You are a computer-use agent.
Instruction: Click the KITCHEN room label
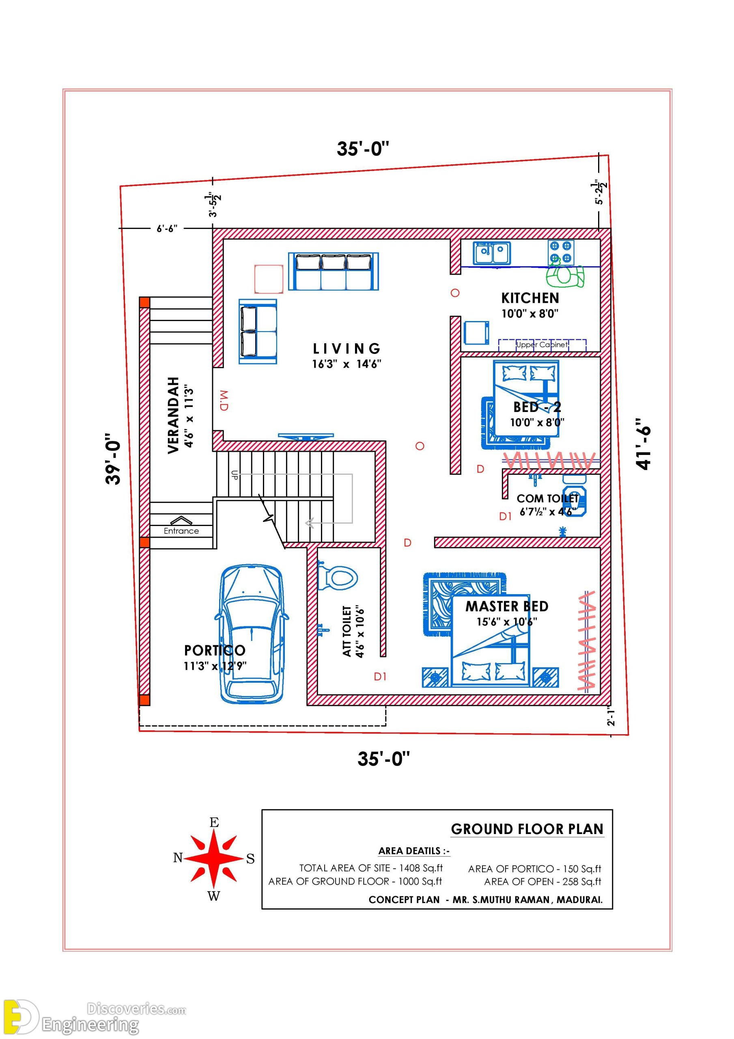click(530, 298)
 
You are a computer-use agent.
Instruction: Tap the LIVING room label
click(346, 349)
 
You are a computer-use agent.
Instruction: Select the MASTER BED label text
click(507, 606)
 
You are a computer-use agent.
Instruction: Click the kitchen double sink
click(491, 253)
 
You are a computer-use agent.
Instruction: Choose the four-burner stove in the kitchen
click(561, 252)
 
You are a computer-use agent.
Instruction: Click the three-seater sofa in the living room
click(334, 272)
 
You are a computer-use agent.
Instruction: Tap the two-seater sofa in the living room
click(258, 331)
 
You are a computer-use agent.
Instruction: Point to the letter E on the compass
click(214, 822)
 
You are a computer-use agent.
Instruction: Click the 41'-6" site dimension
click(643, 444)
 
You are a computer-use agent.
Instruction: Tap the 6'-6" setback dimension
click(167, 228)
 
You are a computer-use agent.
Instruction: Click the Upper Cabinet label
click(542, 345)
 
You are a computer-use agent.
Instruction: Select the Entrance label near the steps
click(181, 531)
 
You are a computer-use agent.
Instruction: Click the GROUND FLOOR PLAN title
click(527, 829)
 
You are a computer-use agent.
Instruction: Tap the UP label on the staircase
click(235, 475)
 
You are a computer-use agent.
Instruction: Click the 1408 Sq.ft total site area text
click(421, 868)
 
